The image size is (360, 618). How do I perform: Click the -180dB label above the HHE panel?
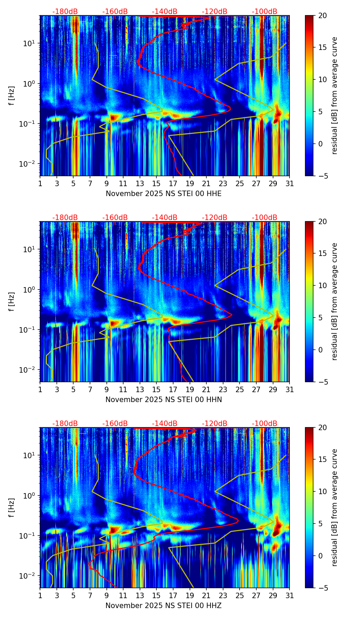tap(65, 12)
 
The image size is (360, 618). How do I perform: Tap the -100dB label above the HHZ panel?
tap(265, 424)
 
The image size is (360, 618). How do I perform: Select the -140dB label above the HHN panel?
tap(165, 218)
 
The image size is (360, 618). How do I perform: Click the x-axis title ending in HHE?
tap(164, 194)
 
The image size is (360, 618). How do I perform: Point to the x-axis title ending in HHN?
tap(164, 400)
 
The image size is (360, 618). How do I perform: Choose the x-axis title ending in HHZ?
tap(164, 606)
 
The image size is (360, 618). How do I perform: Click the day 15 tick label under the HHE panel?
tap(156, 184)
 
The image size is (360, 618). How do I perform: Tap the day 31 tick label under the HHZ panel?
tap(290, 596)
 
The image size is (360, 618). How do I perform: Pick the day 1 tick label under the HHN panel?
tap(40, 390)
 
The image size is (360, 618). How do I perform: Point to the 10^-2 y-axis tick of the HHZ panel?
tap(28, 576)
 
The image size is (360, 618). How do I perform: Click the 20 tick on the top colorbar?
tap(323, 16)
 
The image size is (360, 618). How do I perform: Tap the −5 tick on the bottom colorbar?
tap(323, 588)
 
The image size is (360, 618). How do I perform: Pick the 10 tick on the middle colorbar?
tap(323, 285)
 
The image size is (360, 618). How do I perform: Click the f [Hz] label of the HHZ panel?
tap(12, 507)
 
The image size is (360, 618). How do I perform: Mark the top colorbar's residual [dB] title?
tap(335, 95)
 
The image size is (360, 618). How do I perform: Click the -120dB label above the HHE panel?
tap(215, 12)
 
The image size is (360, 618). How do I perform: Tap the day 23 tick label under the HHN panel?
tap(223, 390)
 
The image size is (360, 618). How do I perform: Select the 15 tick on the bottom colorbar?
tap(323, 460)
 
